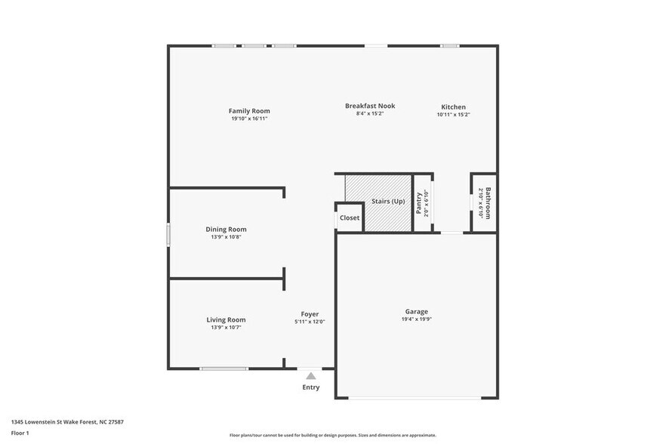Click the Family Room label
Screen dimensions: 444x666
(249, 111)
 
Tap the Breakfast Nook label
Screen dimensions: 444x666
(370, 106)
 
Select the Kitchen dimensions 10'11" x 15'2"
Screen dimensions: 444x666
(453, 115)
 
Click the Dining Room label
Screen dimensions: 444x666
(226, 230)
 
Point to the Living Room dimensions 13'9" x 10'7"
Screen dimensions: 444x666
(226, 327)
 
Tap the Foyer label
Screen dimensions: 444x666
(310, 314)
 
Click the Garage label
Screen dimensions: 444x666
(416, 311)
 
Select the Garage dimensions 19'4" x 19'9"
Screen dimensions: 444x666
(416, 319)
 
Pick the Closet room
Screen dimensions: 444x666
(349, 218)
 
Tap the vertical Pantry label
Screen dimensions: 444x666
(419, 204)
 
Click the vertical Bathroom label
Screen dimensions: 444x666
(488, 203)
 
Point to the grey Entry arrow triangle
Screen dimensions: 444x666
(310, 375)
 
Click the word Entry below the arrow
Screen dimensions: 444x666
(310, 387)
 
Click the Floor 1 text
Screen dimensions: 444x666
(20, 433)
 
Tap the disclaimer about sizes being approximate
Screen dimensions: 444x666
(332, 435)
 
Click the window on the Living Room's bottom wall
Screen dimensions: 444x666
(224, 368)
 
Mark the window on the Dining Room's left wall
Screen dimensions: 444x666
(168, 233)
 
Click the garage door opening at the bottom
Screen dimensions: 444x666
(417, 398)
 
